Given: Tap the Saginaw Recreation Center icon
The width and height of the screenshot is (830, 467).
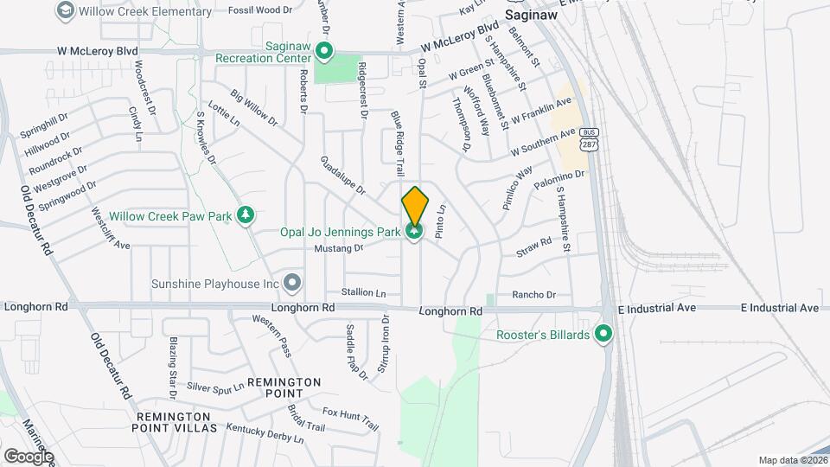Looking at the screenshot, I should tap(324, 54).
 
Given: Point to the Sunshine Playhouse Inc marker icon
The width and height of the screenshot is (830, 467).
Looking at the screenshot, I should tap(292, 283).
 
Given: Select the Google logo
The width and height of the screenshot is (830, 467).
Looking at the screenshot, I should tap(29, 457).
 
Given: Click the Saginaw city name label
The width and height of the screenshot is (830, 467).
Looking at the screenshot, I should tap(530, 15).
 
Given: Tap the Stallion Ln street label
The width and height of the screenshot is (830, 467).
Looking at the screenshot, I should tap(363, 293).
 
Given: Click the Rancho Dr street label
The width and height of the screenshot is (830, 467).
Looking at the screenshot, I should tap(533, 295).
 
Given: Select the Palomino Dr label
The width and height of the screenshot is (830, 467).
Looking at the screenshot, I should tap(560, 180).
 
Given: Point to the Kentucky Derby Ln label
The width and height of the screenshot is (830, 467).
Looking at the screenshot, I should tap(265, 433).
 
